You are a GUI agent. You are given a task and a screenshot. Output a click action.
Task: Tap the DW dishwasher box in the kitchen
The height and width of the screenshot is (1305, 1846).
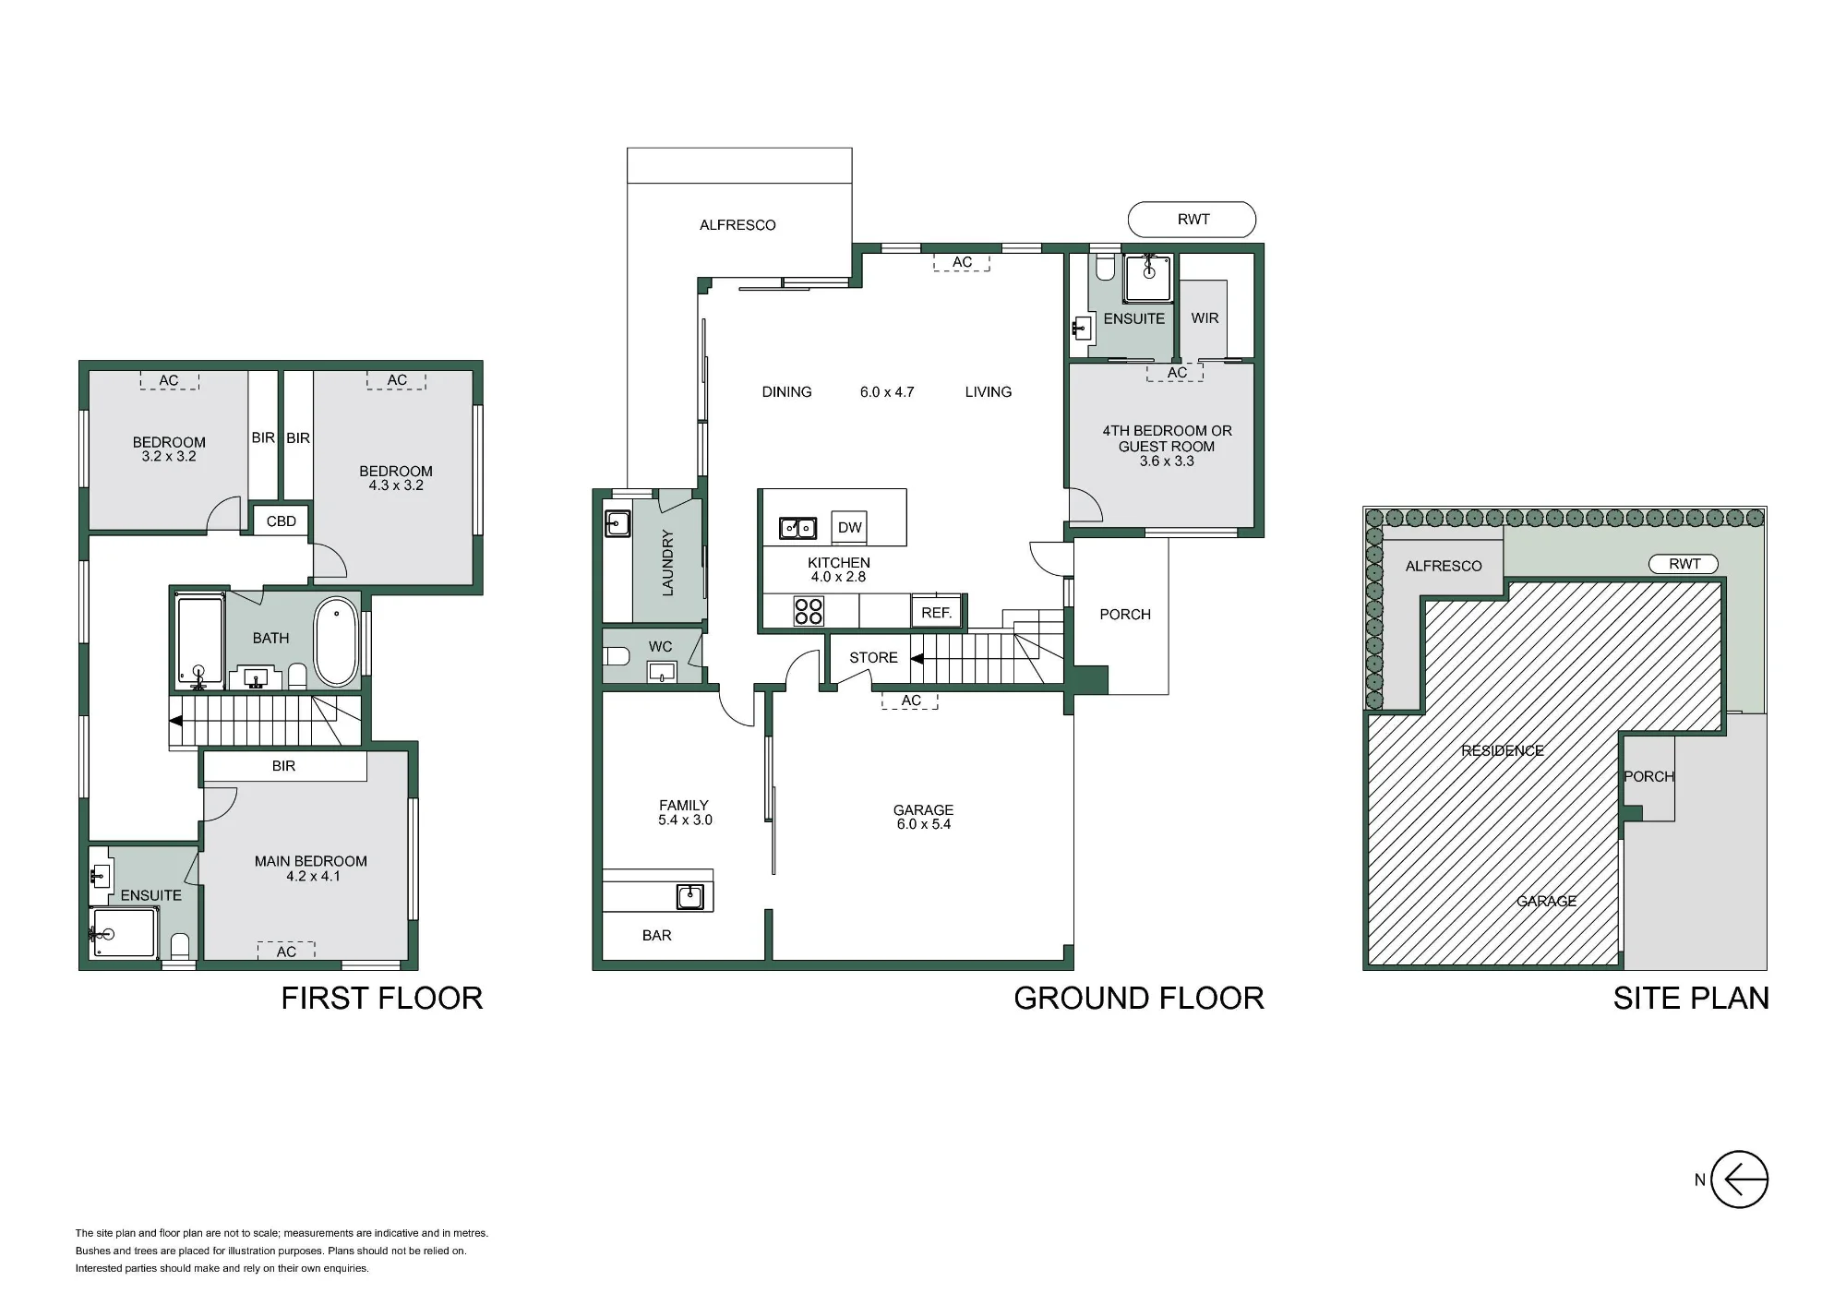point(849,528)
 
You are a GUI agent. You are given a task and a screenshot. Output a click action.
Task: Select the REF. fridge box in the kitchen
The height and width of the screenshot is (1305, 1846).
point(937,613)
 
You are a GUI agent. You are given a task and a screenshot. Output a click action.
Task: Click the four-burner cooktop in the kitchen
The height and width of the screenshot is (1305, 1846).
point(809,611)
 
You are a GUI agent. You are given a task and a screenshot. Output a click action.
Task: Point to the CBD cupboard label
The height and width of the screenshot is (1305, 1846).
point(282,521)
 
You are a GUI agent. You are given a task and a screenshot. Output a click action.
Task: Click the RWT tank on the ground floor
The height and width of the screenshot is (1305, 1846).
point(1192,220)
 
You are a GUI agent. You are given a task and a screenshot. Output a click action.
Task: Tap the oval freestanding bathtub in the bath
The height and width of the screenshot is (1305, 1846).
point(336,641)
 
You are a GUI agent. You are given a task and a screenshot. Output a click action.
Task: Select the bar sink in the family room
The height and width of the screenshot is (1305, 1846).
point(689,896)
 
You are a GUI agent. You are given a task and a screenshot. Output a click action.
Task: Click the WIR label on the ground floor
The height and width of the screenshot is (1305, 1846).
point(1205,318)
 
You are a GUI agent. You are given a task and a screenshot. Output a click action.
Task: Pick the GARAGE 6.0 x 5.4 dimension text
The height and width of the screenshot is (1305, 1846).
point(924,824)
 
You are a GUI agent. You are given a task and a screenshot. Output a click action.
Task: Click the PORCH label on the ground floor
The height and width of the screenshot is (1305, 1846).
point(1125,615)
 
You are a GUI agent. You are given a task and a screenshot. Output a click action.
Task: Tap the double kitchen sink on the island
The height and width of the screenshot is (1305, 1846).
point(798,528)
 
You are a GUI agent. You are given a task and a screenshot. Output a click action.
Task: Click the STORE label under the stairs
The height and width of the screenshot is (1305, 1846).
point(873,658)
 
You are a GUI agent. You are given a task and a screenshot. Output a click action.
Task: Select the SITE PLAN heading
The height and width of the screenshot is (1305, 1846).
point(1691,999)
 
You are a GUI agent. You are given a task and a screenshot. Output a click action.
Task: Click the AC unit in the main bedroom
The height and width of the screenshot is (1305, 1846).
point(286,951)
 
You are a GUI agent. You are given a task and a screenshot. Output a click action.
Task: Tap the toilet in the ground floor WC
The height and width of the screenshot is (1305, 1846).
point(616,657)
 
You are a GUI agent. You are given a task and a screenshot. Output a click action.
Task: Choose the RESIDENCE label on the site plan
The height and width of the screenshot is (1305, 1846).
point(1503,751)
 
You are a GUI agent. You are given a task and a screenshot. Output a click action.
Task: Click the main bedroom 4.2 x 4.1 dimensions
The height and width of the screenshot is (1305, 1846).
point(313,877)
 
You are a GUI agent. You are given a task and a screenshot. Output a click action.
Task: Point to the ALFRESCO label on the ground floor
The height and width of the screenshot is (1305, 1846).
point(737,225)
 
